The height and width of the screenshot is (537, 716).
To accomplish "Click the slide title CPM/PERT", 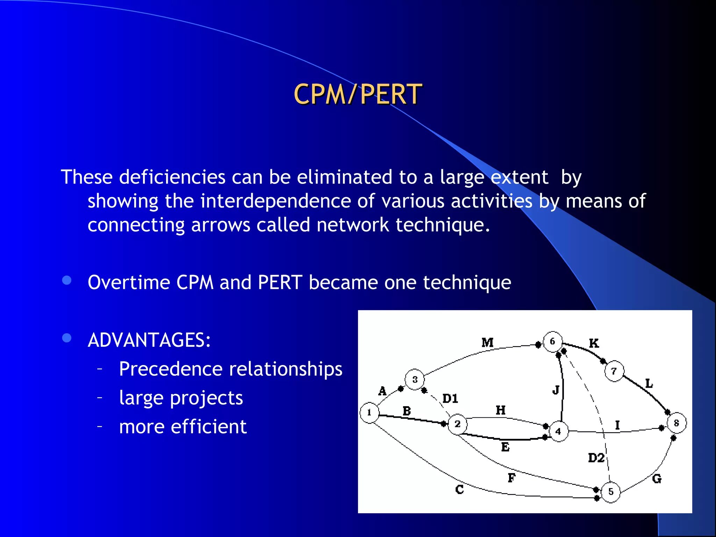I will pyautogui.click(x=358, y=94).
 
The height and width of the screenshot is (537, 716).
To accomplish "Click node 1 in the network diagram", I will pyautogui.click(x=369, y=413).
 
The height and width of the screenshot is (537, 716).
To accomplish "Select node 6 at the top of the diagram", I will pyautogui.click(x=552, y=341).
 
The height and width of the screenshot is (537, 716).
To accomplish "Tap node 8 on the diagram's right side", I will pyautogui.click(x=676, y=423).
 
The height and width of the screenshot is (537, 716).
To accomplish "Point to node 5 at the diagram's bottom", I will pyautogui.click(x=610, y=492).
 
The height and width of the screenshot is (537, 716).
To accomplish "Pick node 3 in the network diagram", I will pyautogui.click(x=415, y=379).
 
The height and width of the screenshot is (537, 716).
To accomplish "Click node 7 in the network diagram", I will pyautogui.click(x=614, y=371).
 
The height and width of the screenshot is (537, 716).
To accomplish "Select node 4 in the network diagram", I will pyautogui.click(x=558, y=432).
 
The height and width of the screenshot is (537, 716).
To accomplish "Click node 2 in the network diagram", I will pyautogui.click(x=457, y=424).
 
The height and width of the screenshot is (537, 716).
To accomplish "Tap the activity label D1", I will pyautogui.click(x=450, y=399).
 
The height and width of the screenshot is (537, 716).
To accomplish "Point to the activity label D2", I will pyautogui.click(x=596, y=458).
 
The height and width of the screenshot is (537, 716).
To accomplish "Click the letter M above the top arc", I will pyautogui.click(x=487, y=342).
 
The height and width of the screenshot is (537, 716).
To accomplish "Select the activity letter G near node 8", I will pyautogui.click(x=657, y=479).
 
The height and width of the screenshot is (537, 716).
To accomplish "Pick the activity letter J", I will pyautogui.click(x=556, y=390).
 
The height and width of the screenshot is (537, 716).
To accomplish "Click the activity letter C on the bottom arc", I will pyautogui.click(x=459, y=489).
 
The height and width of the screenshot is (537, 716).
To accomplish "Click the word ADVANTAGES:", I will pyautogui.click(x=149, y=340).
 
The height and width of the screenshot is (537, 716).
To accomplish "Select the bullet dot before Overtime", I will pyautogui.click(x=66, y=280).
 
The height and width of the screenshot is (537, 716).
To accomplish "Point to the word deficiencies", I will pyautogui.click(x=172, y=177).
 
